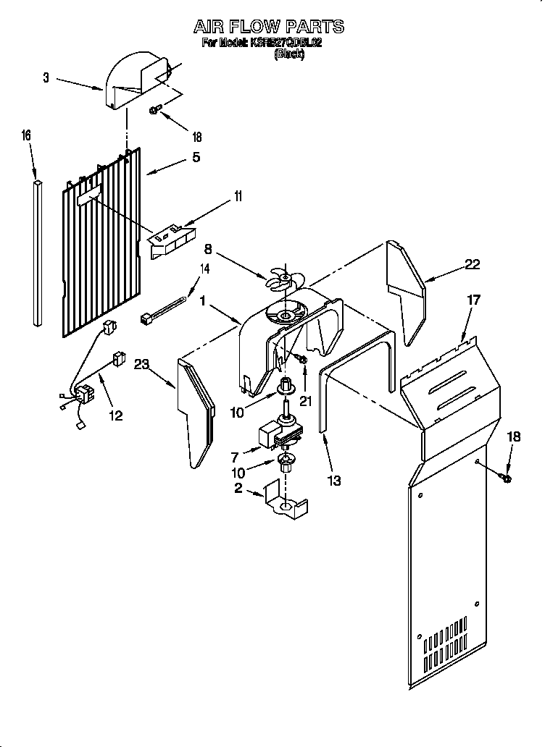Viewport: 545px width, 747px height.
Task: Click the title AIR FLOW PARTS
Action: click(x=268, y=27)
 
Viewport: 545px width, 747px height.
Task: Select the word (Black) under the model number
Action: click(x=289, y=54)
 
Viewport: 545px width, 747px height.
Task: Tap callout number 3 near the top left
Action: click(x=46, y=78)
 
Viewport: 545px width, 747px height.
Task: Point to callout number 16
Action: click(x=26, y=135)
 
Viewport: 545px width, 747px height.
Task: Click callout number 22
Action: click(x=473, y=264)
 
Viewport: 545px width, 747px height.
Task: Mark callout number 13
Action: click(x=335, y=480)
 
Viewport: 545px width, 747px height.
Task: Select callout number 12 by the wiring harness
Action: click(x=115, y=415)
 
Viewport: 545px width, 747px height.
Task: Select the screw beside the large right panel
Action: click(x=505, y=477)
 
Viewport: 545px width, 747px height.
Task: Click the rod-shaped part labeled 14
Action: click(x=165, y=306)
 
